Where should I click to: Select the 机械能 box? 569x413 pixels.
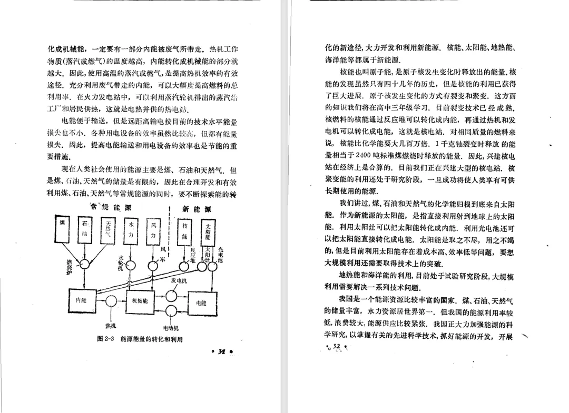click(x=140, y=300)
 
